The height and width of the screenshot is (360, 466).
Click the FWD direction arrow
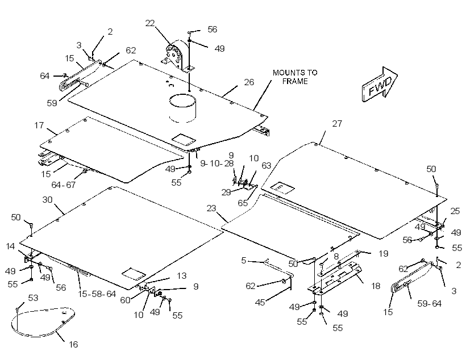click(380, 85)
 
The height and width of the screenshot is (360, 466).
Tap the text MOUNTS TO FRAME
click(295, 77)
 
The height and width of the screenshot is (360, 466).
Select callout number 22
click(150, 23)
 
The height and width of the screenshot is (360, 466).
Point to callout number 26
click(249, 82)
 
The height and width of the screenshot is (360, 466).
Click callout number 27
click(337, 123)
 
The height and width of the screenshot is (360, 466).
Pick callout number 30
click(48, 200)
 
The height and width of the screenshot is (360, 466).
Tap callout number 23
click(211, 208)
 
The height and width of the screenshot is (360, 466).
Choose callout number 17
click(39, 125)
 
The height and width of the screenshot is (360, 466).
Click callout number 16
click(73, 344)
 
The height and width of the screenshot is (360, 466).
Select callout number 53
click(33, 298)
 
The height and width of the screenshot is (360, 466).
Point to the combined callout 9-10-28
click(217, 164)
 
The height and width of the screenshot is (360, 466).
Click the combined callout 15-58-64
click(97, 294)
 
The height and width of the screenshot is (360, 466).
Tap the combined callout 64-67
click(64, 185)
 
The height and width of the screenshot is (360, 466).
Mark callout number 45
click(260, 302)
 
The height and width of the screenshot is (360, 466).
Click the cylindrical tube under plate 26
click(183, 108)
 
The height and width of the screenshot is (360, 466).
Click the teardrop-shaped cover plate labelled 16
click(43, 322)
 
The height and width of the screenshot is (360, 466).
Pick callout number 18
click(376, 286)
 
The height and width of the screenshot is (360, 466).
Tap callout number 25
click(455, 211)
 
